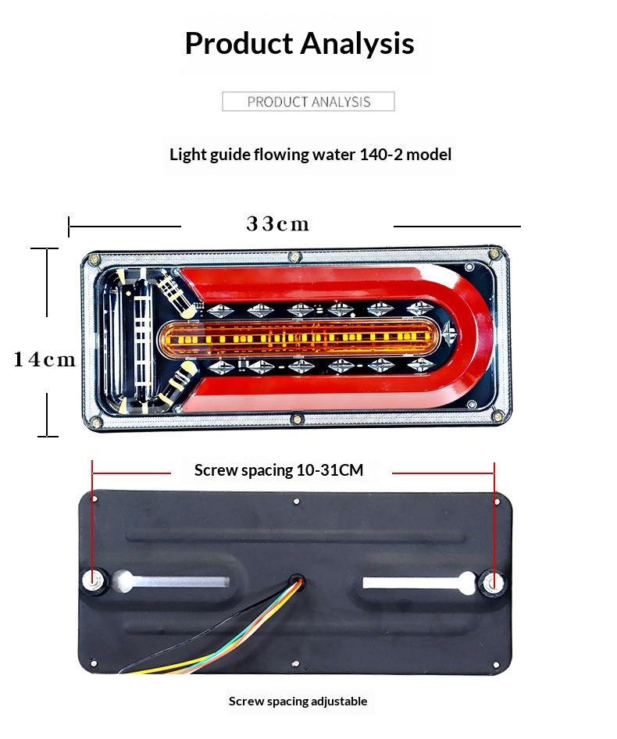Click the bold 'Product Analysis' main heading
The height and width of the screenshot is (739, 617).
299,44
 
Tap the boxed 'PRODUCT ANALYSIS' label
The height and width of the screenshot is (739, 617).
308,102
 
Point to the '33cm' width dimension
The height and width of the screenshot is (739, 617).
277,224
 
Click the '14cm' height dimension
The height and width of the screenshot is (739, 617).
45,359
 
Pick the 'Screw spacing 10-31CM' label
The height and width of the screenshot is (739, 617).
279,470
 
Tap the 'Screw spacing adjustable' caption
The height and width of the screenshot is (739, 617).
298,702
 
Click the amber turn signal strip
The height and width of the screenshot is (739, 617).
300,337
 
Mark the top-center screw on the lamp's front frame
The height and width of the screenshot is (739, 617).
295,257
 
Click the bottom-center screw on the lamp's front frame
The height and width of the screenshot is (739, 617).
297,419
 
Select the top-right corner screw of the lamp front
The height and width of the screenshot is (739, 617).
494,254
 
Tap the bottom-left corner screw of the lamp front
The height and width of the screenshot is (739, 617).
96,423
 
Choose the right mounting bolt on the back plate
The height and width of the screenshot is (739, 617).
492,583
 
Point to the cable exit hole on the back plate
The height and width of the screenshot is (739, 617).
297,580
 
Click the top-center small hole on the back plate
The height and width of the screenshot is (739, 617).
296,502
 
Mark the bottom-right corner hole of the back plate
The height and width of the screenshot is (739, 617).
495,665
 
